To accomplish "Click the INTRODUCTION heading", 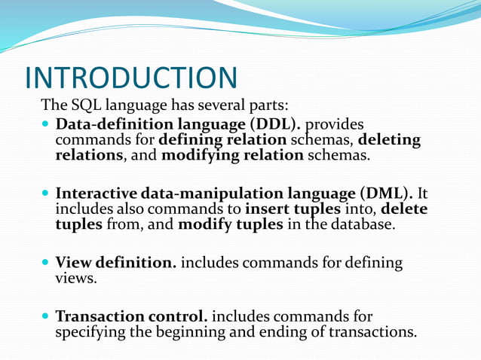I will [x=131, y=78].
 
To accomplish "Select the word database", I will [x=361, y=225].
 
